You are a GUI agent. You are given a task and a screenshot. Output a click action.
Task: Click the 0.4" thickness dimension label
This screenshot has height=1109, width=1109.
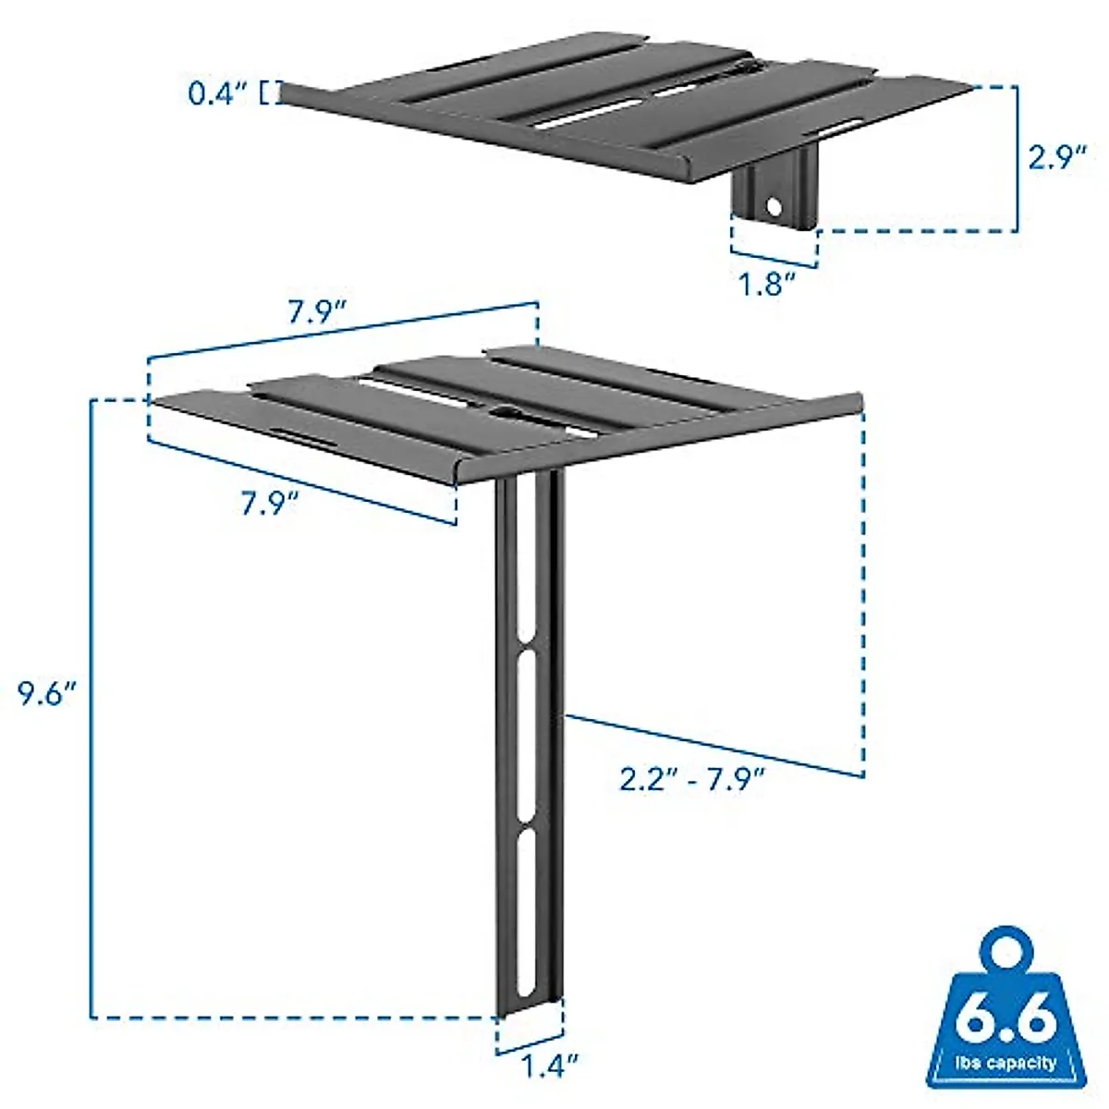[x=214, y=93]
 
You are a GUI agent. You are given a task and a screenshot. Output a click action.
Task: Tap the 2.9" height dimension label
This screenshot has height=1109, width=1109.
[x=1057, y=157]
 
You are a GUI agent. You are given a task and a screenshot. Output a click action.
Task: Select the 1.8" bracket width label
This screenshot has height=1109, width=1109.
[x=767, y=284]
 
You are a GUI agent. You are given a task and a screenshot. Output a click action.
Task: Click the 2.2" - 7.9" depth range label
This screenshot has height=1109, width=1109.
[x=692, y=781]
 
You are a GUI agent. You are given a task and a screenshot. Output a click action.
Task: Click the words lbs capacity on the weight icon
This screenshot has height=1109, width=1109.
[x=1005, y=1063]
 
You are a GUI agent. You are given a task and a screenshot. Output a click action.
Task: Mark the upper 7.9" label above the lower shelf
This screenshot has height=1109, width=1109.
[x=316, y=312]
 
